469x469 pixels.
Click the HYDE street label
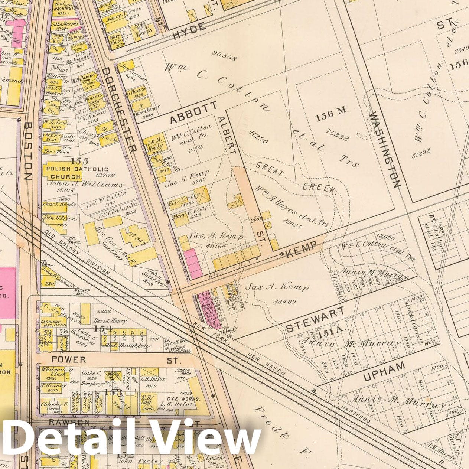[x=189, y=32]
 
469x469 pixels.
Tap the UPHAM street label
[x=384, y=371]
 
